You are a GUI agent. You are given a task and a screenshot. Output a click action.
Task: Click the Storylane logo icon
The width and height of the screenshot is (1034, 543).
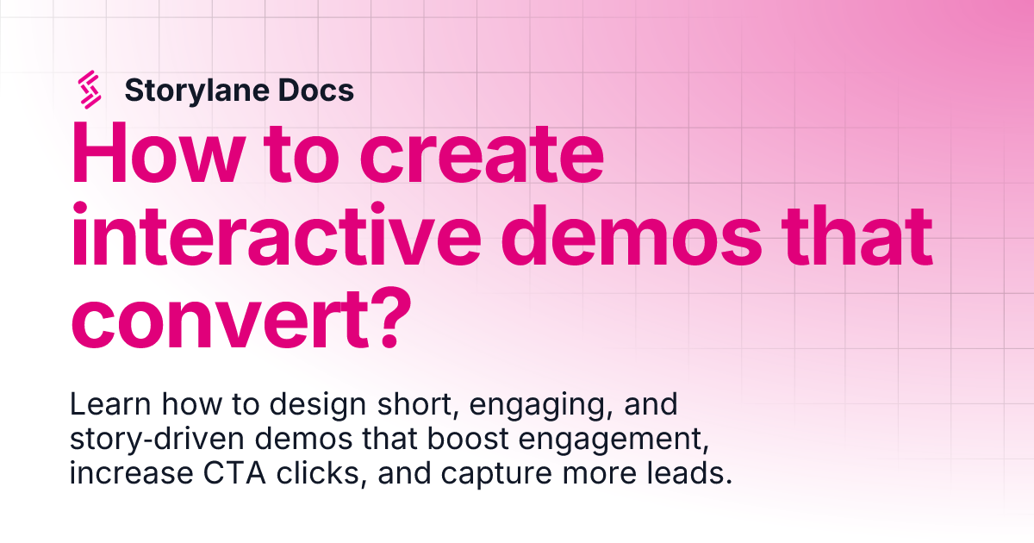click(90, 90)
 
